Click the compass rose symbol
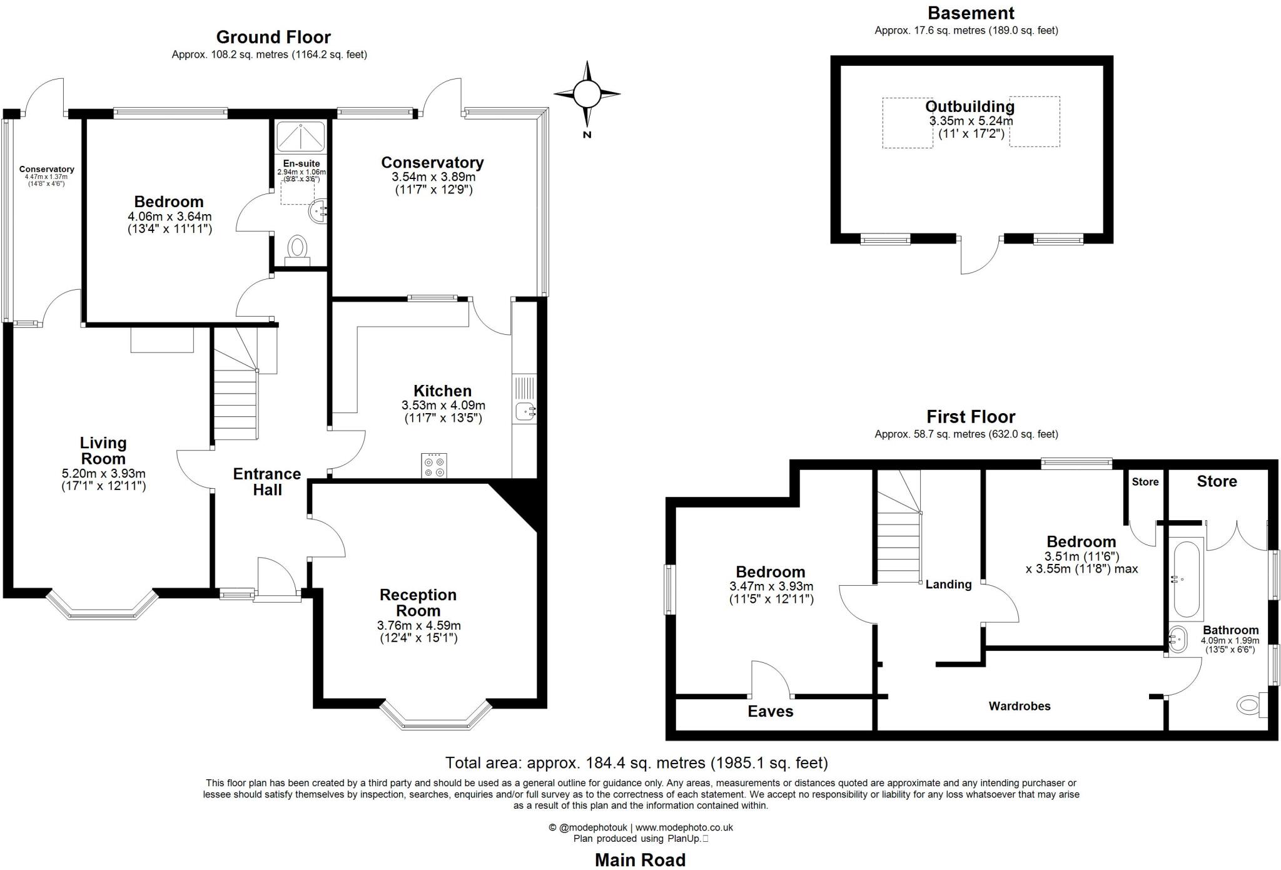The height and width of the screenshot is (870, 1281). (x=587, y=94)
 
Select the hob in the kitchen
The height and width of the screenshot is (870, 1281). (x=433, y=466)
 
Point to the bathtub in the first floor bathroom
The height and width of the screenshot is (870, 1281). (x=1186, y=580)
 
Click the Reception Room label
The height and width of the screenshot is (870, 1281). (x=418, y=602)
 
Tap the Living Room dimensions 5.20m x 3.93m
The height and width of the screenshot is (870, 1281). (x=104, y=474)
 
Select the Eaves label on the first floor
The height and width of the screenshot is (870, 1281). (x=770, y=711)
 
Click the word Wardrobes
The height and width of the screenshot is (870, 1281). (x=1019, y=706)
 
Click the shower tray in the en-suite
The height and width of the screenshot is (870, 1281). (x=301, y=136)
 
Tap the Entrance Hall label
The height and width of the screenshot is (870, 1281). (x=267, y=481)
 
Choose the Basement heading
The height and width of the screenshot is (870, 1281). (x=971, y=13)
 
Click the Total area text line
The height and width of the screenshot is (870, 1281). (x=636, y=762)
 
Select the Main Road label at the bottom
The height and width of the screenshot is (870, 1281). (x=640, y=860)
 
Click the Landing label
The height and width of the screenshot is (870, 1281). (x=948, y=584)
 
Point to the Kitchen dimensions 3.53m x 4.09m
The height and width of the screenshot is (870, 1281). (x=443, y=405)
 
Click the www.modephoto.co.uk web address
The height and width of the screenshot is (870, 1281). (x=684, y=827)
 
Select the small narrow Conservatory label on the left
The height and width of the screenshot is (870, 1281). (x=46, y=169)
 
